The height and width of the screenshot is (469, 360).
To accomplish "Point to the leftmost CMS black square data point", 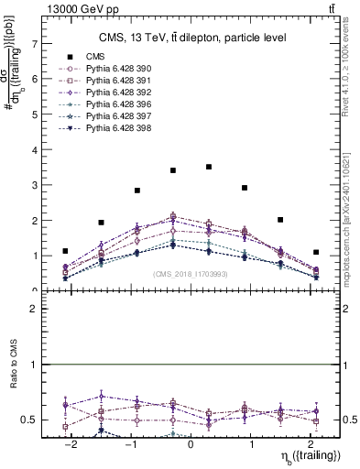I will [x=65, y=251].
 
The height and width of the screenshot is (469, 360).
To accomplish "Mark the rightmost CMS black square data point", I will [x=316, y=252].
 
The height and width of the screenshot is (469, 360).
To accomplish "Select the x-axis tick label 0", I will [x=191, y=442].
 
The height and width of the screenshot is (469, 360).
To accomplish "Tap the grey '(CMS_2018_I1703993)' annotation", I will [x=191, y=273].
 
